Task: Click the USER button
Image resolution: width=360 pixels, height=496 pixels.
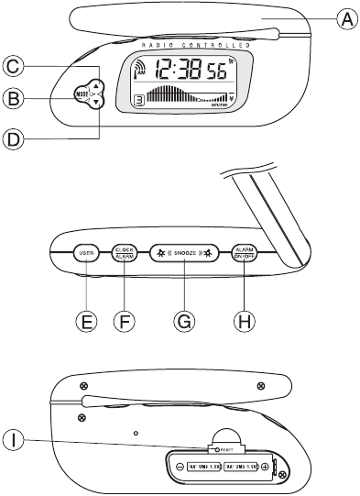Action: point(88,254)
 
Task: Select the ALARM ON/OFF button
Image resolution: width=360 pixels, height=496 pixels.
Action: point(245,254)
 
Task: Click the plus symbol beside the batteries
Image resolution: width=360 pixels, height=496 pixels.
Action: point(265,466)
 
